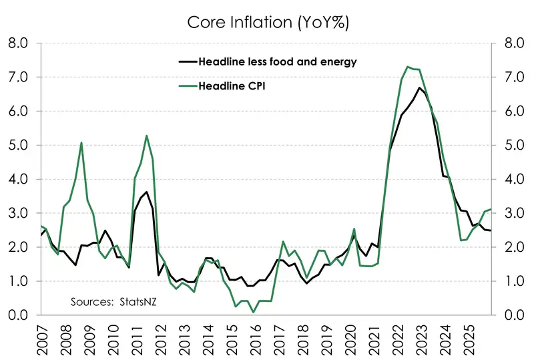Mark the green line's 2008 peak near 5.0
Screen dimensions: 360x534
[81, 142]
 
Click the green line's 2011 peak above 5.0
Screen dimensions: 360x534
[146, 136]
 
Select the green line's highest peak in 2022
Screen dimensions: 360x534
[408, 67]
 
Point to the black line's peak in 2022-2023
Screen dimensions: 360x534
[419, 87]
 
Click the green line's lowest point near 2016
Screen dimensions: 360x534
[254, 312]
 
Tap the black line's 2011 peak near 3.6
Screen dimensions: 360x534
[146, 192]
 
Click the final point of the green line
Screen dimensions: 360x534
[491, 210]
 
